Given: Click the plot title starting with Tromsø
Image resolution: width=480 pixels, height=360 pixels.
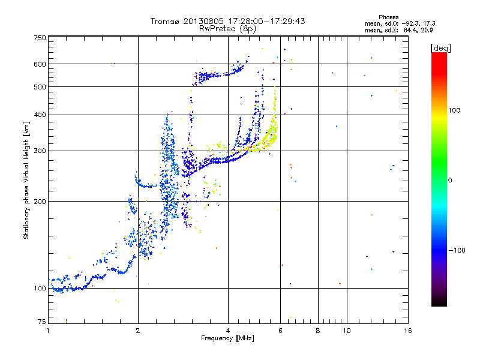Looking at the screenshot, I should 228,21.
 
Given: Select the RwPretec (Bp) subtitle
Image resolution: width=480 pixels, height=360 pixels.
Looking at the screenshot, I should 228,28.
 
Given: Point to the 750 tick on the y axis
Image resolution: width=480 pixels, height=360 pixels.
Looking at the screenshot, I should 40,38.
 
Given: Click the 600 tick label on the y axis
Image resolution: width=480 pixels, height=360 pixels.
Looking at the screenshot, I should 40,64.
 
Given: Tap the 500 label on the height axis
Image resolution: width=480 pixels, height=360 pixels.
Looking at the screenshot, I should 40,87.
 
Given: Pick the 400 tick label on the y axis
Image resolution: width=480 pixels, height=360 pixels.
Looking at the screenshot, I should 40,115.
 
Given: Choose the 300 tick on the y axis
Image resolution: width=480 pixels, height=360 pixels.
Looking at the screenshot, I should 40,151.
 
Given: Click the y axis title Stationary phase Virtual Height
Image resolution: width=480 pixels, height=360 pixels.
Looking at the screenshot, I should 26,180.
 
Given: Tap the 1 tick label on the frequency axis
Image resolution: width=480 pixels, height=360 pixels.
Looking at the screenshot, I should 49,331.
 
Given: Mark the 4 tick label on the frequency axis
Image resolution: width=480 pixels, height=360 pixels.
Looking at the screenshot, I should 228,331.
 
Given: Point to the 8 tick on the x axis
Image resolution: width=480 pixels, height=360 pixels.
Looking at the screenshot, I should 318,331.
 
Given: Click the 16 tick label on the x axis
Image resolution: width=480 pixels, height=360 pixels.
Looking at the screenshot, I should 407,331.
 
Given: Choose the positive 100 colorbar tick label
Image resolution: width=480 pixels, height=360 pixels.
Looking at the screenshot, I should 455,110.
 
